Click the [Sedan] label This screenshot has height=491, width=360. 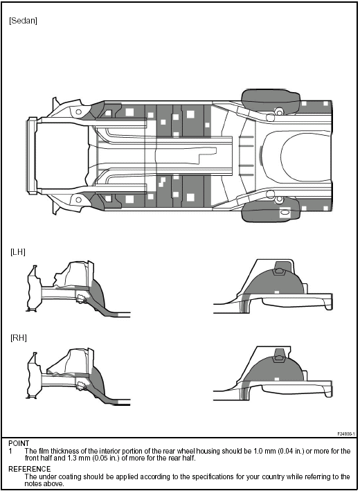(x=23, y=21)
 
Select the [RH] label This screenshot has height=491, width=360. (x=18, y=337)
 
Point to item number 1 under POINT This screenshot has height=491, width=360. (x=11, y=451)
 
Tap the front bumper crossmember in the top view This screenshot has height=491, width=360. (x=32, y=155)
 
